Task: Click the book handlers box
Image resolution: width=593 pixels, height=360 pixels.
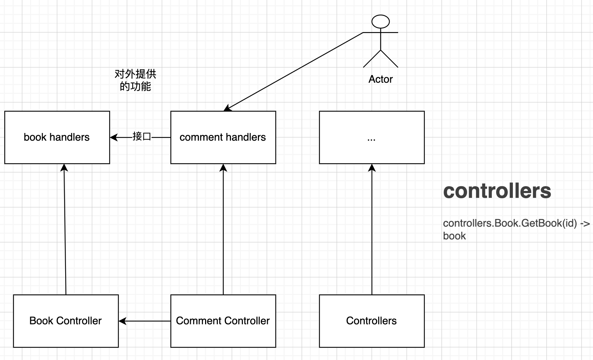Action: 57,137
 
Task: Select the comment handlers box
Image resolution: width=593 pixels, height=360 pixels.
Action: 223,137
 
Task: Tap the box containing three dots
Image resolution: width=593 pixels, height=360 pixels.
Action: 372,137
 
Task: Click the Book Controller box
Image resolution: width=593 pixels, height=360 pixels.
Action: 66,321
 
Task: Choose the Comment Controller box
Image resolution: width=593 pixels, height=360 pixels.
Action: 223,321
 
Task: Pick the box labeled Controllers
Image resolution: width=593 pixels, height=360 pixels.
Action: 372,321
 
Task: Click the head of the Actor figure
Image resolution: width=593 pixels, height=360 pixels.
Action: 380,22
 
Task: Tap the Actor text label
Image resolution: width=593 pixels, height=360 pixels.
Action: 380,79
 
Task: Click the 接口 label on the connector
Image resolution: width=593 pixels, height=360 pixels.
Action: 142,137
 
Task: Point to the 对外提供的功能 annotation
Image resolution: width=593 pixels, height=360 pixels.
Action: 135,80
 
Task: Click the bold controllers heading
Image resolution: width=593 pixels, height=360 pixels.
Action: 497,191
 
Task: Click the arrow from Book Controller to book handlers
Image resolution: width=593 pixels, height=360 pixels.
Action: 65,230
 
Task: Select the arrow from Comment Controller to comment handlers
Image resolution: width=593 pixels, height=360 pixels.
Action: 223,230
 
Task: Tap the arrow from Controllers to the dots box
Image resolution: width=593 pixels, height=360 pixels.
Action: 372,230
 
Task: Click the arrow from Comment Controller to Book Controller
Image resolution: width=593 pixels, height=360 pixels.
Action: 146,321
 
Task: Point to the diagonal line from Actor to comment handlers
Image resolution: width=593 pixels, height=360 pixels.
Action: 295,71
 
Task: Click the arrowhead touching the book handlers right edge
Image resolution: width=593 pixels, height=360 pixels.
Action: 114,137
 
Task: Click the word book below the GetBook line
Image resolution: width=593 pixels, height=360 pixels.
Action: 454,236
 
